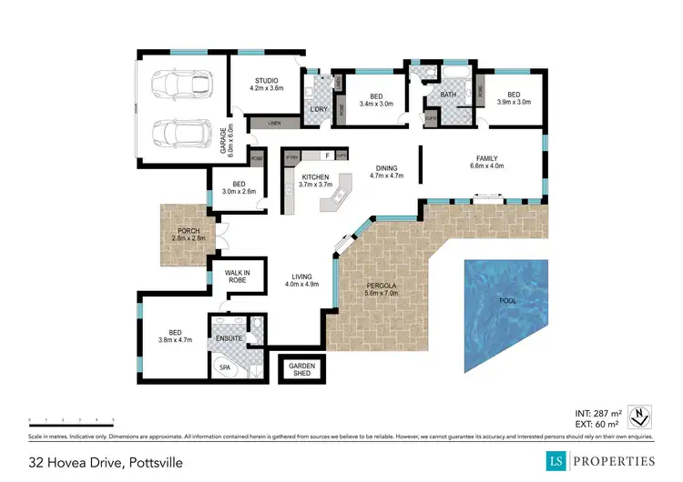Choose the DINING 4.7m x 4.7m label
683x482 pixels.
click(x=386, y=171)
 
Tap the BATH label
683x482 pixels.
click(x=448, y=94)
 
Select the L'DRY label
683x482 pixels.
click(x=318, y=110)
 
